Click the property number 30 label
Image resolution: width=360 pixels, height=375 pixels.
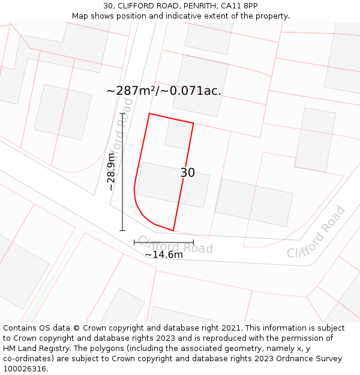point(188,173)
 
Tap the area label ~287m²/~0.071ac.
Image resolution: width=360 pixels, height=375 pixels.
point(164,91)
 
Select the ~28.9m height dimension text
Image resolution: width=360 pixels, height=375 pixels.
point(111,172)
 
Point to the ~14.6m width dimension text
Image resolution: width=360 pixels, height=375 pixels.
point(164,254)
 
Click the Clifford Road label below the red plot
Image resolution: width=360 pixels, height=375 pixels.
point(175,245)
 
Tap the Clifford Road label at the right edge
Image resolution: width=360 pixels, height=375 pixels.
point(316,232)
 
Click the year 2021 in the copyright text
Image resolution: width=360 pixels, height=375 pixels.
point(232,328)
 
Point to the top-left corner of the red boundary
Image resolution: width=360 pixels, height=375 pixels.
point(149,113)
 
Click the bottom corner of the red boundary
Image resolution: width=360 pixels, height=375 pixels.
point(173,230)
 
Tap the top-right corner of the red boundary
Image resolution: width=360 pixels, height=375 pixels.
point(193,124)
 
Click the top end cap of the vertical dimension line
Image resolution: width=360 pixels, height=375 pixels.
point(122,113)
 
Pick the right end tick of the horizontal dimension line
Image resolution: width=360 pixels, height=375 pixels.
point(193,242)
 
